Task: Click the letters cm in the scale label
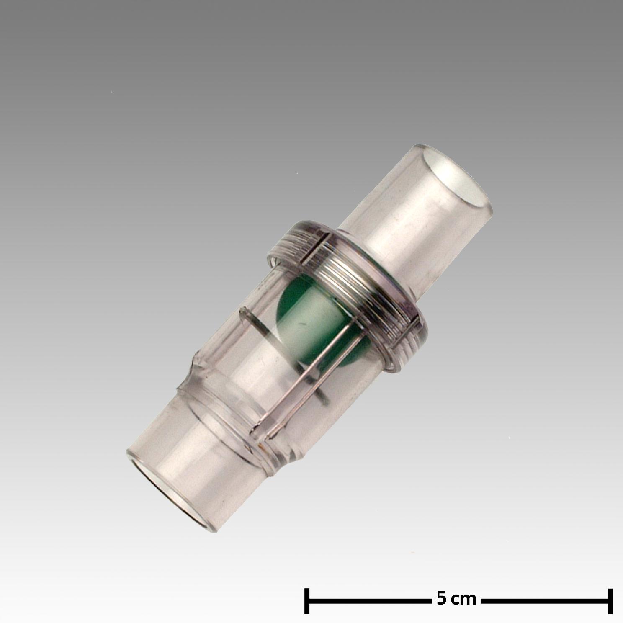pos(463,600)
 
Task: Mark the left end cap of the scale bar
pos(307,600)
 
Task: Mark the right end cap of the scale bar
pos(610,600)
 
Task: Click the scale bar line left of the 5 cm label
pos(369,600)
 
